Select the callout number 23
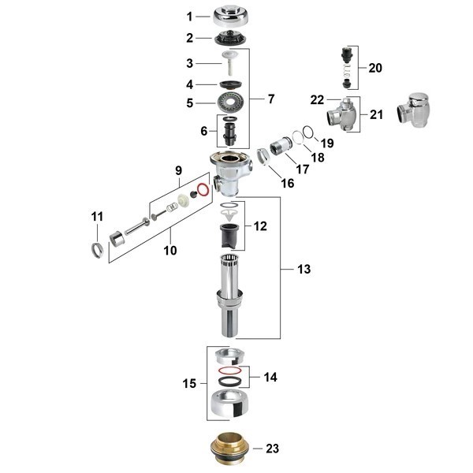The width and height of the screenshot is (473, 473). (x=273, y=449)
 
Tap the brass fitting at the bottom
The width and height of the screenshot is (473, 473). (x=229, y=449)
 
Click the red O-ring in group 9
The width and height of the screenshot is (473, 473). (x=203, y=190)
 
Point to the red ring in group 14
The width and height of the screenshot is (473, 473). (x=230, y=370)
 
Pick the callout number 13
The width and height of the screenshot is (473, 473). (x=304, y=269)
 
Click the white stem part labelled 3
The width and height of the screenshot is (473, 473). (x=230, y=62)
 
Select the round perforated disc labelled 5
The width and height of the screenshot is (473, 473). (x=231, y=102)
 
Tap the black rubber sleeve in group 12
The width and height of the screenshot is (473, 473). (x=229, y=236)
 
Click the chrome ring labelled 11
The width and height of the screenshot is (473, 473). (x=97, y=251)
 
